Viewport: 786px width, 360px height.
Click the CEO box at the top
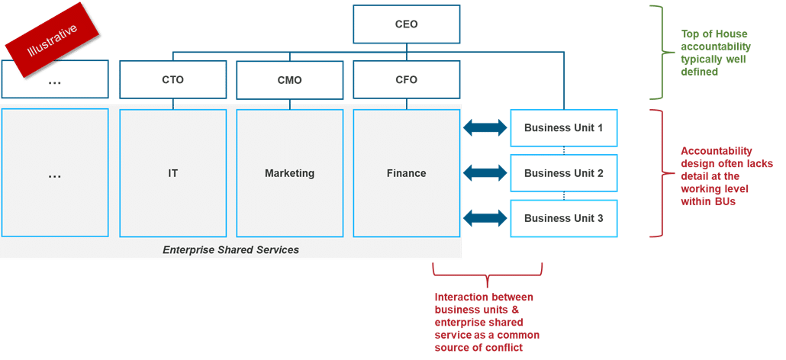(x=406, y=24)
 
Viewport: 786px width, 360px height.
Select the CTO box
(x=173, y=80)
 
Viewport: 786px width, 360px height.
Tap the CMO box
(x=289, y=80)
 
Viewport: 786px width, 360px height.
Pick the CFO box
(x=406, y=80)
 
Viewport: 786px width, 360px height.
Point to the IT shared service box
(x=173, y=173)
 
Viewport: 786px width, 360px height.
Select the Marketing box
(x=289, y=173)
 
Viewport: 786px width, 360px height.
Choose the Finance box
(x=406, y=173)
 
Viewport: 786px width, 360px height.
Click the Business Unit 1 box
(x=563, y=128)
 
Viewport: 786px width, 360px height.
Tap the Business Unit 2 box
(x=563, y=173)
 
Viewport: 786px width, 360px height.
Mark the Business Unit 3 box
(x=563, y=218)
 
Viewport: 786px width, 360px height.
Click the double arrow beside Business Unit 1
(x=485, y=128)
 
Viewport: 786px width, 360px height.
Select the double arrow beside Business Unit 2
(x=485, y=173)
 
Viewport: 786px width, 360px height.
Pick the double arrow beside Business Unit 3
(x=485, y=218)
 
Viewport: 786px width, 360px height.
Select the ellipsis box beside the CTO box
(x=54, y=80)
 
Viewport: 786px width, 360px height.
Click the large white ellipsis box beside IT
(x=54, y=173)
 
